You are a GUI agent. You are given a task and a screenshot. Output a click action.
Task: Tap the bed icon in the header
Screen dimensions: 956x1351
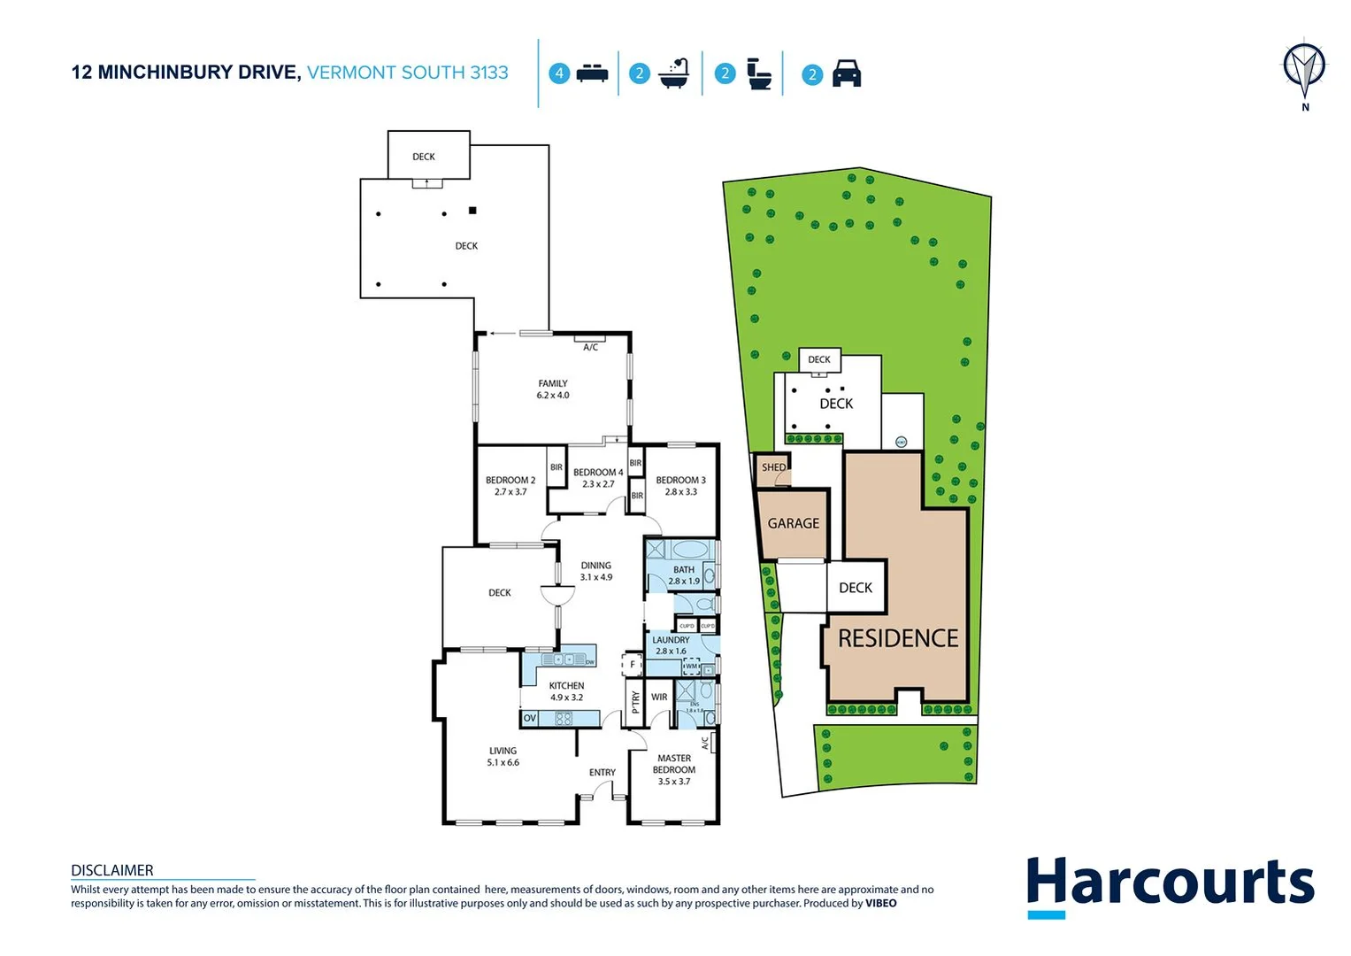(592, 73)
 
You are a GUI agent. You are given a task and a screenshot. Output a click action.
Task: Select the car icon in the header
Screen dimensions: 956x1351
(847, 73)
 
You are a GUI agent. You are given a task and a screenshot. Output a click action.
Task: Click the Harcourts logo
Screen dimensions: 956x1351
(1170, 884)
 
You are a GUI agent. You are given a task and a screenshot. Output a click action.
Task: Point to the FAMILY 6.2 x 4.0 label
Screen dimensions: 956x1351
(553, 389)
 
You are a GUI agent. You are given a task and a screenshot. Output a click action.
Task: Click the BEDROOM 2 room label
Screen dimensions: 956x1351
(510, 486)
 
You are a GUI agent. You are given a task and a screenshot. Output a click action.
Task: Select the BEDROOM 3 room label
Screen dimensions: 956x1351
(680, 486)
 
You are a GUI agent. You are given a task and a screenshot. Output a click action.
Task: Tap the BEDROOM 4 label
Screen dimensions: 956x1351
(597, 478)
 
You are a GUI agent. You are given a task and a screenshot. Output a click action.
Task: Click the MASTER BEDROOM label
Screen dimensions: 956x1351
(674, 769)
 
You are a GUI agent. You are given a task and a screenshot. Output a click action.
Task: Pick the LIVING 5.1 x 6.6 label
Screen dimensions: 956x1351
(503, 756)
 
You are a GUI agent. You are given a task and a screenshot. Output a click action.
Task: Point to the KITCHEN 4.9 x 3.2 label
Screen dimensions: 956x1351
(566, 691)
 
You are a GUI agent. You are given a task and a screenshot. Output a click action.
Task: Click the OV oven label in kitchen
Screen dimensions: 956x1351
(530, 718)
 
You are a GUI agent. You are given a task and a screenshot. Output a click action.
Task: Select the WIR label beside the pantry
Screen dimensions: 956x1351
(659, 698)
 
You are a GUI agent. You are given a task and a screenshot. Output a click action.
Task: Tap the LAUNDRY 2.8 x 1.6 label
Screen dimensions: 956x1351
(671, 645)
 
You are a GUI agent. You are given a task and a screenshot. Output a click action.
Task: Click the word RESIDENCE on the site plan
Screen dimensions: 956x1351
(898, 638)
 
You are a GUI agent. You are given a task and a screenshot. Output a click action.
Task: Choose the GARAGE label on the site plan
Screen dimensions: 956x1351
(793, 523)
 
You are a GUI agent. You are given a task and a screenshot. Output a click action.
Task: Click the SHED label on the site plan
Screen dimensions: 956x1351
(773, 467)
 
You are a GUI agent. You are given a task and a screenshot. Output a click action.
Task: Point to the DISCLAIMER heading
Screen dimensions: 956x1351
(112, 870)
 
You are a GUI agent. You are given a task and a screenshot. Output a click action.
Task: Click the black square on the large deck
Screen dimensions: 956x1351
(472, 211)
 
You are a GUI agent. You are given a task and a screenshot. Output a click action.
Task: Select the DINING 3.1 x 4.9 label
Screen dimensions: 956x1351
(595, 571)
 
